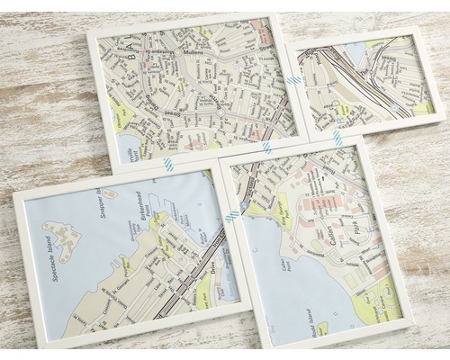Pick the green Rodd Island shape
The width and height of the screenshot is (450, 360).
point(321,327)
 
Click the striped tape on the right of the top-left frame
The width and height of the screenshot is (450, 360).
point(293,80)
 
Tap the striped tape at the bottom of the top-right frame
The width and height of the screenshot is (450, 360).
point(337,138)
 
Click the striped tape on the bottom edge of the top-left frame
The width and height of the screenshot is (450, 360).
point(267,146)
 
